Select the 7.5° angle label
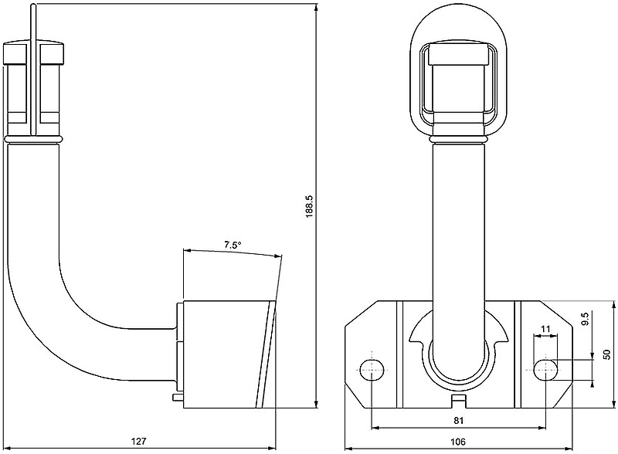point(233,245)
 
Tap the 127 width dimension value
point(138,441)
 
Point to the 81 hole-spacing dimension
point(458,421)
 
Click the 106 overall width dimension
point(458,441)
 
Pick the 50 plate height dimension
point(606,353)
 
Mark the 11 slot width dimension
point(545,330)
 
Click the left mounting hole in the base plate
point(372,370)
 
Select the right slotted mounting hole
point(545,370)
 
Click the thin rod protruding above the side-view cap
point(33,23)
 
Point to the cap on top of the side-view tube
point(34,55)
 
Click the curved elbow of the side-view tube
point(46,309)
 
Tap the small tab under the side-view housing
point(177,398)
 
